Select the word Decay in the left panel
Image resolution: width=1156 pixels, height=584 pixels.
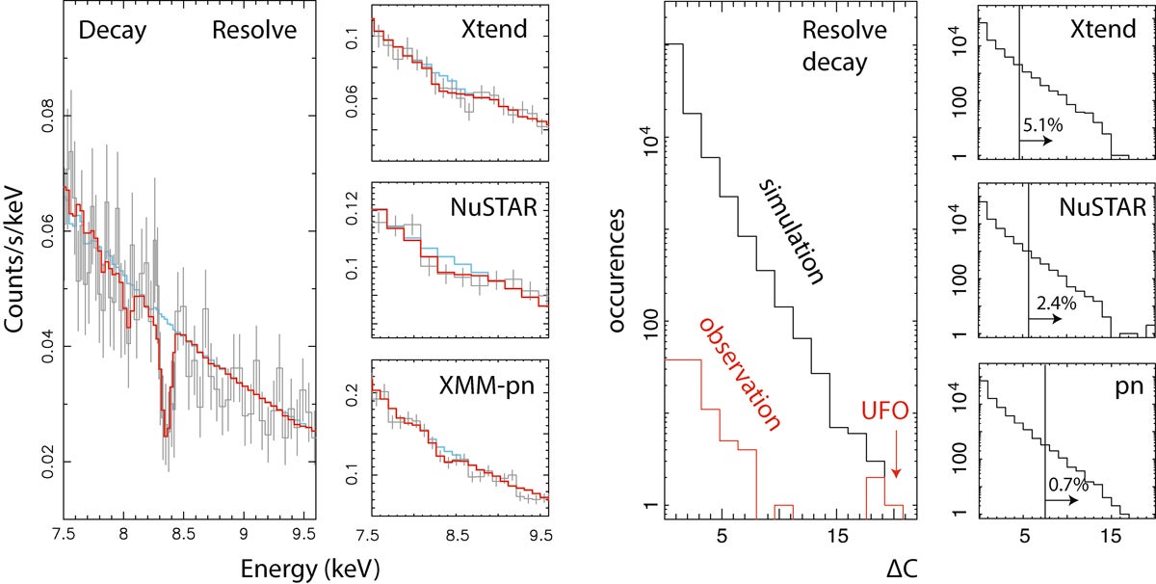113,30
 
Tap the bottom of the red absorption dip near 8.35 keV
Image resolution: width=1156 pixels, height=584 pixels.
166,435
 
